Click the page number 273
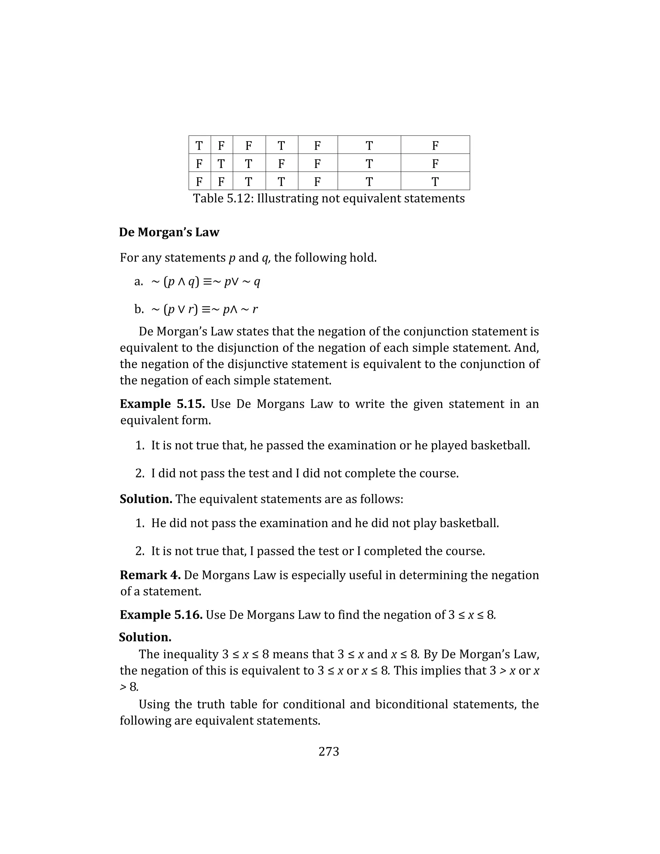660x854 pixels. pyautogui.click(x=328, y=752)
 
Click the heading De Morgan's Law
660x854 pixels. pyautogui.click(x=169, y=232)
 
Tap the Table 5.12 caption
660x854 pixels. pyautogui.click(x=328, y=198)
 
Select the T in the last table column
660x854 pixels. pyautogui.click(x=435, y=181)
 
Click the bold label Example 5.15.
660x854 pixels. pyautogui.click(x=162, y=403)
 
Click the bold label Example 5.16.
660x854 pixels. pyautogui.click(x=161, y=615)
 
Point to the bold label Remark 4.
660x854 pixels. pyautogui.click(x=150, y=575)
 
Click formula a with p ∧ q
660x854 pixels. pyautogui.click(x=205, y=282)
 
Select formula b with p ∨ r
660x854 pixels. pyautogui.click(x=204, y=309)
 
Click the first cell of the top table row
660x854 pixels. pyautogui.click(x=199, y=145)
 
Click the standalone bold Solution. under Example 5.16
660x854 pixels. pyautogui.click(x=145, y=637)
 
